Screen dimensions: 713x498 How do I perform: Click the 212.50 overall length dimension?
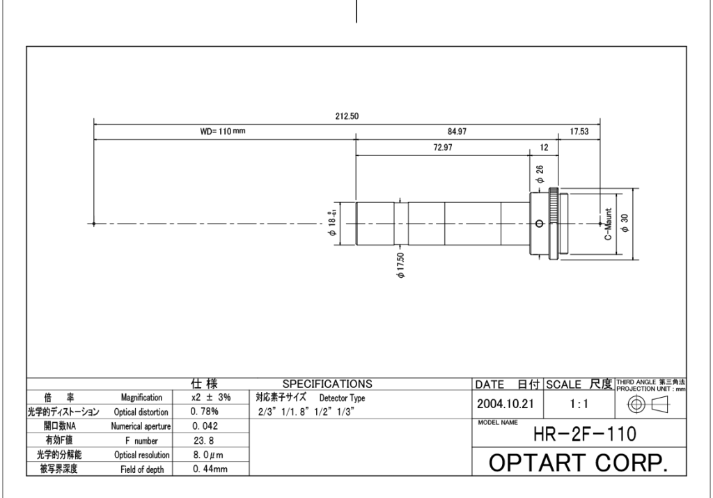[x=347, y=116]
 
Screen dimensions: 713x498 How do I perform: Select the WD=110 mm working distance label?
[x=223, y=132]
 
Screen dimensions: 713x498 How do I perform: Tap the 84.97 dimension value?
[x=457, y=132]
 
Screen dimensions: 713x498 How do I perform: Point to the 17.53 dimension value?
[x=579, y=132]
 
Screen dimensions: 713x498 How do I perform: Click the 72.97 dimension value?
[x=442, y=148]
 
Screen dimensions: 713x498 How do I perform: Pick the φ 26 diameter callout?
[x=540, y=174]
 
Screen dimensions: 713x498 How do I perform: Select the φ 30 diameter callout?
[x=625, y=223]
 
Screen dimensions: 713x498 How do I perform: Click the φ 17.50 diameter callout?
[x=400, y=265]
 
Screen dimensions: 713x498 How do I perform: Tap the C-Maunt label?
[x=609, y=224]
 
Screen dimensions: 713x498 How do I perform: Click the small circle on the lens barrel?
[x=540, y=224]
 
